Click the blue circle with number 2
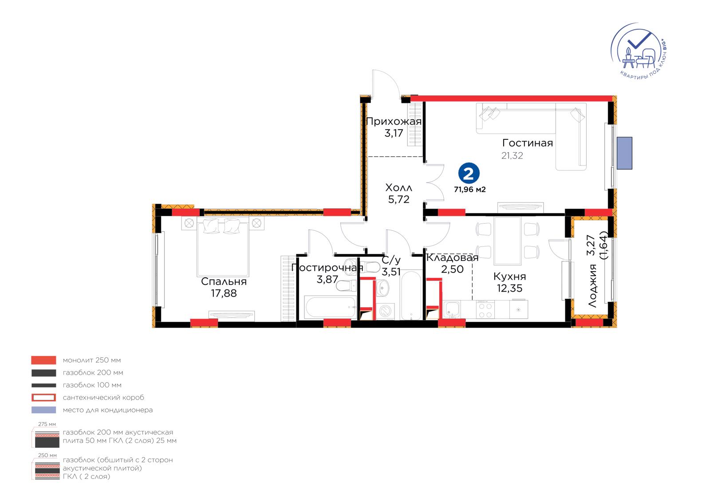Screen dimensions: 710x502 coord(469,173)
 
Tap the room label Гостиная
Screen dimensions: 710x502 coord(528,143)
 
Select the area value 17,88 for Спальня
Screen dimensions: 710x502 coord(224,293)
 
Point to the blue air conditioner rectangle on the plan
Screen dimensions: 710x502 coord(624,153)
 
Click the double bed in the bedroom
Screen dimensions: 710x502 coord(222,247)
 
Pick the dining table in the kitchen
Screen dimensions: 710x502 coord(508,241)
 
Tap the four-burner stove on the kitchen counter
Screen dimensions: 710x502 coord(485,309)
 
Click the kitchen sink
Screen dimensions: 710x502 coord(451,309)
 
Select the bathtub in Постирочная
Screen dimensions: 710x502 coord(330,307)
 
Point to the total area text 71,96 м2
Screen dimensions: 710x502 coord(470,190)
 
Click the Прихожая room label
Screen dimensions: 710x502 coord(394,122)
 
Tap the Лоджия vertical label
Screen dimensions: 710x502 coord(592,286)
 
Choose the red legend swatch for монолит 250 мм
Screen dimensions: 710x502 coord(44,360)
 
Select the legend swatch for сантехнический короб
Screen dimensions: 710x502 coord(44,397)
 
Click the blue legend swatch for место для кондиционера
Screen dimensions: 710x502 coord(44,410)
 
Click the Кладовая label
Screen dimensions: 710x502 coord(452,258)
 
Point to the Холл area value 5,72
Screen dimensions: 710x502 coord(399,199)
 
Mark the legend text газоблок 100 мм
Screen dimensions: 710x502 coord(92,385)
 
